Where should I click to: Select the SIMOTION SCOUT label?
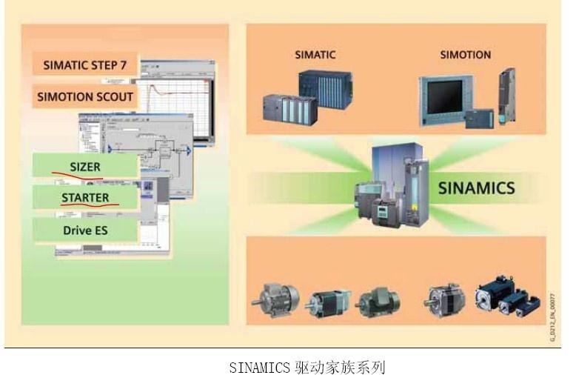(x=85, y=96)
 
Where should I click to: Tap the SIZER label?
(x=84, y=167)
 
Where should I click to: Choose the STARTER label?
(x=85, y=198)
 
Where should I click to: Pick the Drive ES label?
(x=85, y=230)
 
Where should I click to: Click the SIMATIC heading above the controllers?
(x=315, y=55)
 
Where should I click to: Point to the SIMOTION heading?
(x=465, y=55)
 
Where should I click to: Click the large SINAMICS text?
(x=475, y=187)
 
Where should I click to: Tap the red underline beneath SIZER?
(x=77, y=176)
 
